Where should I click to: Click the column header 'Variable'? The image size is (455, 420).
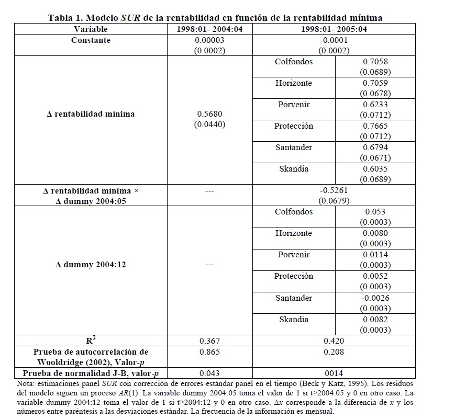click(91, 29)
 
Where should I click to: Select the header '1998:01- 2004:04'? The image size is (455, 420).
click(209, 29)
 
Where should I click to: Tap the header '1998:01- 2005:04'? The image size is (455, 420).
click(334, 29)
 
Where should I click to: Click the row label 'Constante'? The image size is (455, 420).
click(91, 40)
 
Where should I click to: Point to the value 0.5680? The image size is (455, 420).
click(209, 113)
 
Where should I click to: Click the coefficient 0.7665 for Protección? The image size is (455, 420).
click(375, 126)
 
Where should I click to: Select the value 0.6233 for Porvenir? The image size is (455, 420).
click(375, 105)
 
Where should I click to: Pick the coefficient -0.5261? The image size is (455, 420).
click(334, 190)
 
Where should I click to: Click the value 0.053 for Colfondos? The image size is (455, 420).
click(375, 212)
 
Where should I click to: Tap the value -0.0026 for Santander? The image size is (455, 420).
click(375, 298)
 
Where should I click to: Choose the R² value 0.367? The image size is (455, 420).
click(209, 341)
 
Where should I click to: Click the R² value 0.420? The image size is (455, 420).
click(334, 341)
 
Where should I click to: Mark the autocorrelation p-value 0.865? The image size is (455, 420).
click(209, 352)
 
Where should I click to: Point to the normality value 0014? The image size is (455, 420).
click(334, 373)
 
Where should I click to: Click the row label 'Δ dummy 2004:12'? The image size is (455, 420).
click(91, 265)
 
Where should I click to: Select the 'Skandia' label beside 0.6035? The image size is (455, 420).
click(294, 169)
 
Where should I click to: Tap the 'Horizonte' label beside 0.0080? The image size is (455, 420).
click(294, 233)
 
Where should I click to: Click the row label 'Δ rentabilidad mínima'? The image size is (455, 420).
click(91, 114)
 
